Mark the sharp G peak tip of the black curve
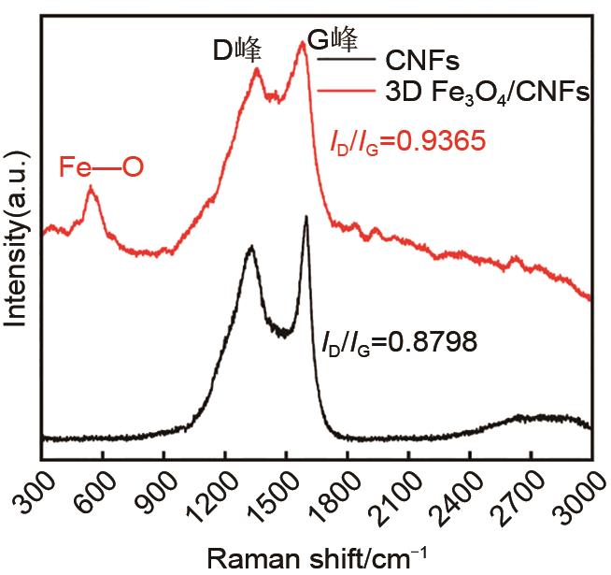pyautogui.click(x=305, y=218)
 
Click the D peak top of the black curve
pyautogui.click(x=250, y=247)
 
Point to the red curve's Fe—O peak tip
pyautogui.click(x=91, y=188)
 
